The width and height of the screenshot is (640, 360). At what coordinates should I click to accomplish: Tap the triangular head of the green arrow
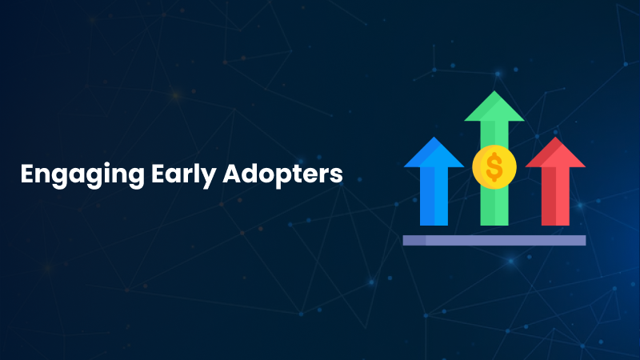[494, 107]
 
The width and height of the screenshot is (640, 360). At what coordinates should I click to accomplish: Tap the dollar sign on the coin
[494, 167]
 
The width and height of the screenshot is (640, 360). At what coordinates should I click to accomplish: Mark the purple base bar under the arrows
[494, 240]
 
